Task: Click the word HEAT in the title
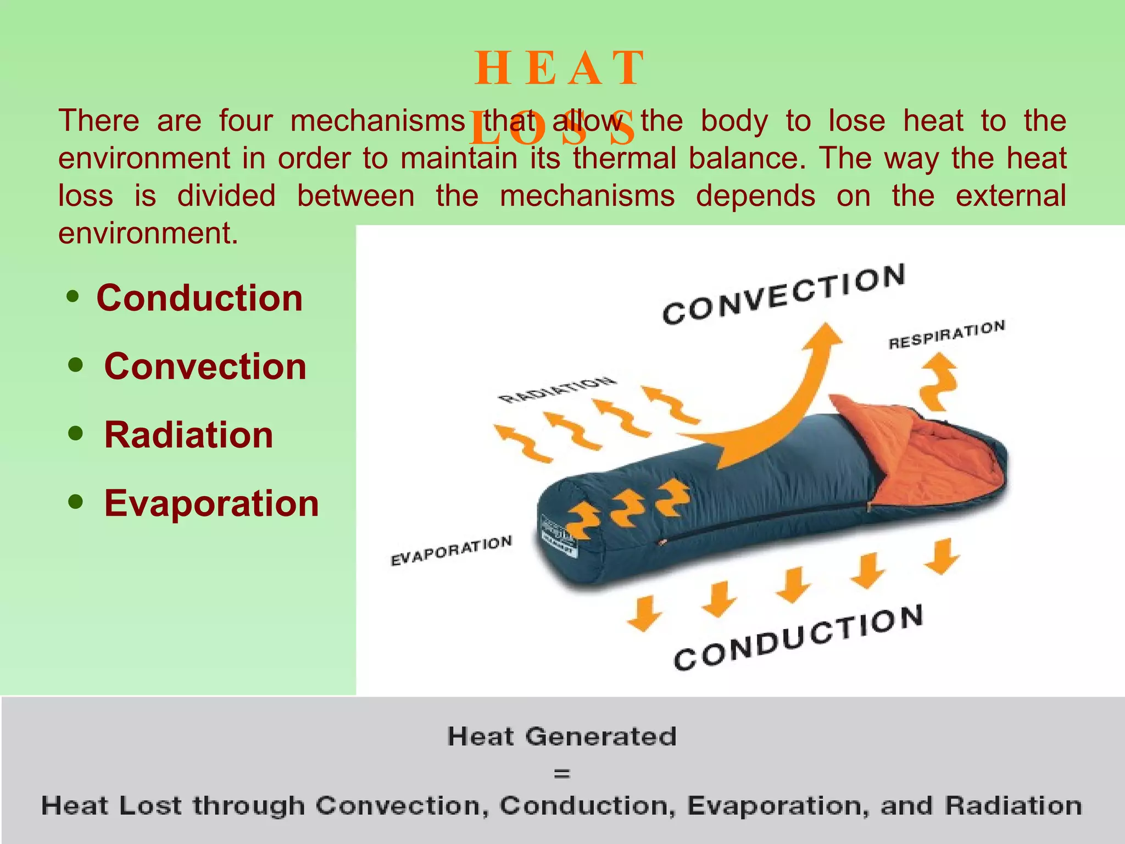point(559,68)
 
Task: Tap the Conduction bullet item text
point(199,298)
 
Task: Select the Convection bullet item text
point(205,367)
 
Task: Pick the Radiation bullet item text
point(188,435)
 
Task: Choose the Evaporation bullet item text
point(211,503)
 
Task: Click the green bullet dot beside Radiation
point(76,434)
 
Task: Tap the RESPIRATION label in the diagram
point(946,335)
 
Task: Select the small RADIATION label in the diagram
point(556,389)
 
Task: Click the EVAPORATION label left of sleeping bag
point(451,551)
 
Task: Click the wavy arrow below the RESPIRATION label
point(938,381)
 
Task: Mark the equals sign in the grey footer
point(562,774)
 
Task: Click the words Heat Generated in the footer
point(562,736)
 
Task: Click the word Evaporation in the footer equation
point(778,806)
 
